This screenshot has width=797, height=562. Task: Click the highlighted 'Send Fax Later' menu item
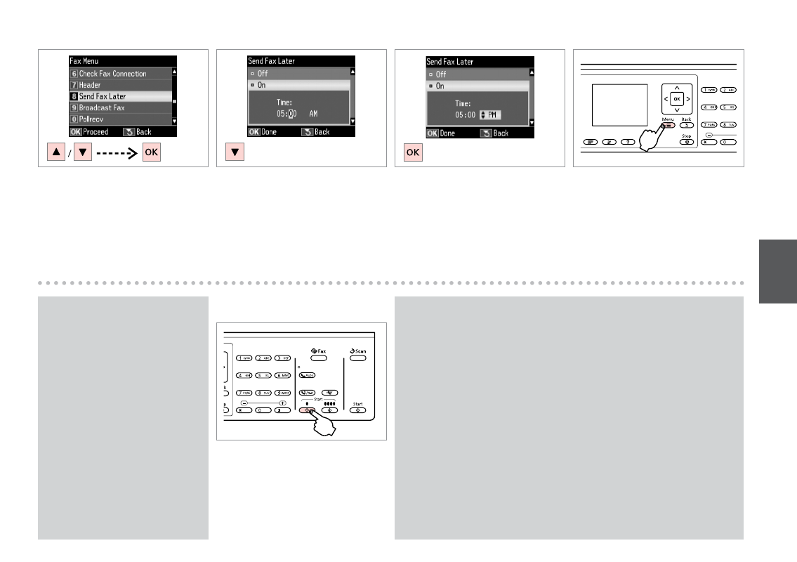[x=102, y=96]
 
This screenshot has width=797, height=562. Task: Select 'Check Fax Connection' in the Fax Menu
[x=112, y=74]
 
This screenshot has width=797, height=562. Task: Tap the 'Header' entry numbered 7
[x=89, y=85]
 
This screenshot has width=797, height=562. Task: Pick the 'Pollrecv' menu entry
[x=92, y=119]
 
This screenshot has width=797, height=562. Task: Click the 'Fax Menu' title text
[x=84, y=62]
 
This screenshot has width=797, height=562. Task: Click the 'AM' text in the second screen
[x=313, y=112]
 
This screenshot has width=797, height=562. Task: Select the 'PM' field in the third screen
[x=489, y=115]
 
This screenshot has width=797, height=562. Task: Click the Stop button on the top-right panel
[x=685, y=141]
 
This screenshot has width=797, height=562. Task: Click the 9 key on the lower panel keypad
[x=283, y=393]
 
